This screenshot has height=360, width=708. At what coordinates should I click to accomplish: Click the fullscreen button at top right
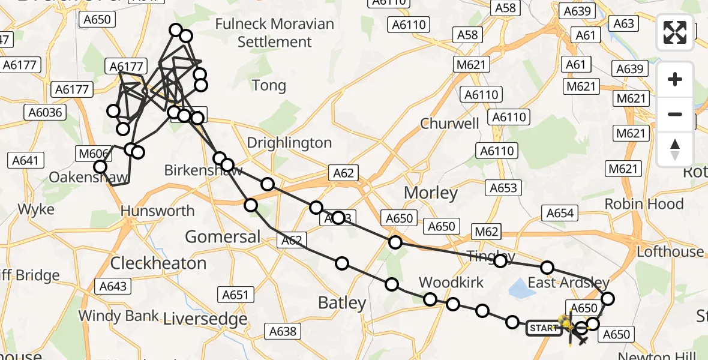pyautogui.click(x=675, y=32)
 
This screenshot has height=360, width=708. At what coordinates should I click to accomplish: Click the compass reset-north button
pyautogui.click(x=675, y=149)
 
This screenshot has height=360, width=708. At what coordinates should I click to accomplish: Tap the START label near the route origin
pyautogui.click(x=544, y=328)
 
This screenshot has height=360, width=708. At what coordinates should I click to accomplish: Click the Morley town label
pyautogui.click(x=431, y=193)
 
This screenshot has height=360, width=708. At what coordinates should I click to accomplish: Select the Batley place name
pyautogui.click(x=341, y=303)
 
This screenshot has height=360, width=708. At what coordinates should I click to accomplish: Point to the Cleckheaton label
pyautogui.click(x=158, y=263)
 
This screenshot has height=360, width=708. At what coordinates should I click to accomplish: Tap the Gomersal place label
pyautogui.click(x=223, y=236)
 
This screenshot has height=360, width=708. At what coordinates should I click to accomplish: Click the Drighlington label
pyautogui.click(x=289, y=143)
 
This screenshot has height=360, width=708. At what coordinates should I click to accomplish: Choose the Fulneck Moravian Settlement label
pyautogui.click(x=274, y=33)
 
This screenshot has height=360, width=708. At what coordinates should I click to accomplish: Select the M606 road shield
pyautogui.click(x=91, y=153)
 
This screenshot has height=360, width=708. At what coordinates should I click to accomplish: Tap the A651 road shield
pyautogui.click(x=235, y=295)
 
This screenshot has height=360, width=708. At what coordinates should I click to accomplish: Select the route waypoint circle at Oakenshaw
pyautogui.click(x=100, y=167)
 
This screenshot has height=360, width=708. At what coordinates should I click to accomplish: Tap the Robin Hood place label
pyautogui.click(x=644, y=204)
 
